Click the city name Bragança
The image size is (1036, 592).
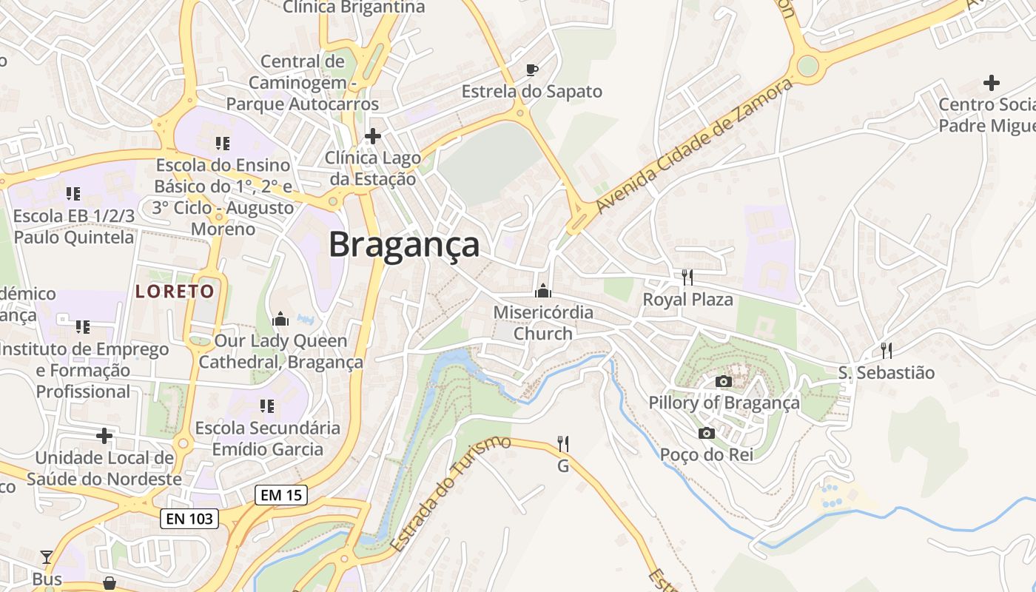[404, 244]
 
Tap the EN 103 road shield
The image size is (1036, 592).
[189, 519]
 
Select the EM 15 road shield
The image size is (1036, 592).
[281, 495]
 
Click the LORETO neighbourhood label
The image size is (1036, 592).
[175, 292]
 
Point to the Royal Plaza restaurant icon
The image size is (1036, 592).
[687, 277]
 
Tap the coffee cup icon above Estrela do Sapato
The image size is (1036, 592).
[531, 70]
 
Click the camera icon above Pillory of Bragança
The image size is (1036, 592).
[724, 382]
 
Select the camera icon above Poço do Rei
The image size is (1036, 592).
[707, 433]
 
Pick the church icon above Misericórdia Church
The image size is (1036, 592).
[543, 291]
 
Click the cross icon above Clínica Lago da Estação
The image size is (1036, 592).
[373, 136]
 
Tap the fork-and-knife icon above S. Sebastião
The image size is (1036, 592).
[886, 350]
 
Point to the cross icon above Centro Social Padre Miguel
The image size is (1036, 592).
[991, 83]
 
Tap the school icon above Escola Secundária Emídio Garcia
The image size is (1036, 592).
[266, 406]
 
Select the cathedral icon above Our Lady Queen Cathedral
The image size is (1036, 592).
[280, 320]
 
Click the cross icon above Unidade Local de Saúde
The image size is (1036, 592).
[104, 436]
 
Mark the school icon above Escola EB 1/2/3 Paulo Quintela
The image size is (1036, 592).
[73, 194]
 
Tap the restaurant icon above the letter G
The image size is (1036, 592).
[563, 444]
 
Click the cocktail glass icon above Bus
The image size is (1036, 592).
[47, 557]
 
